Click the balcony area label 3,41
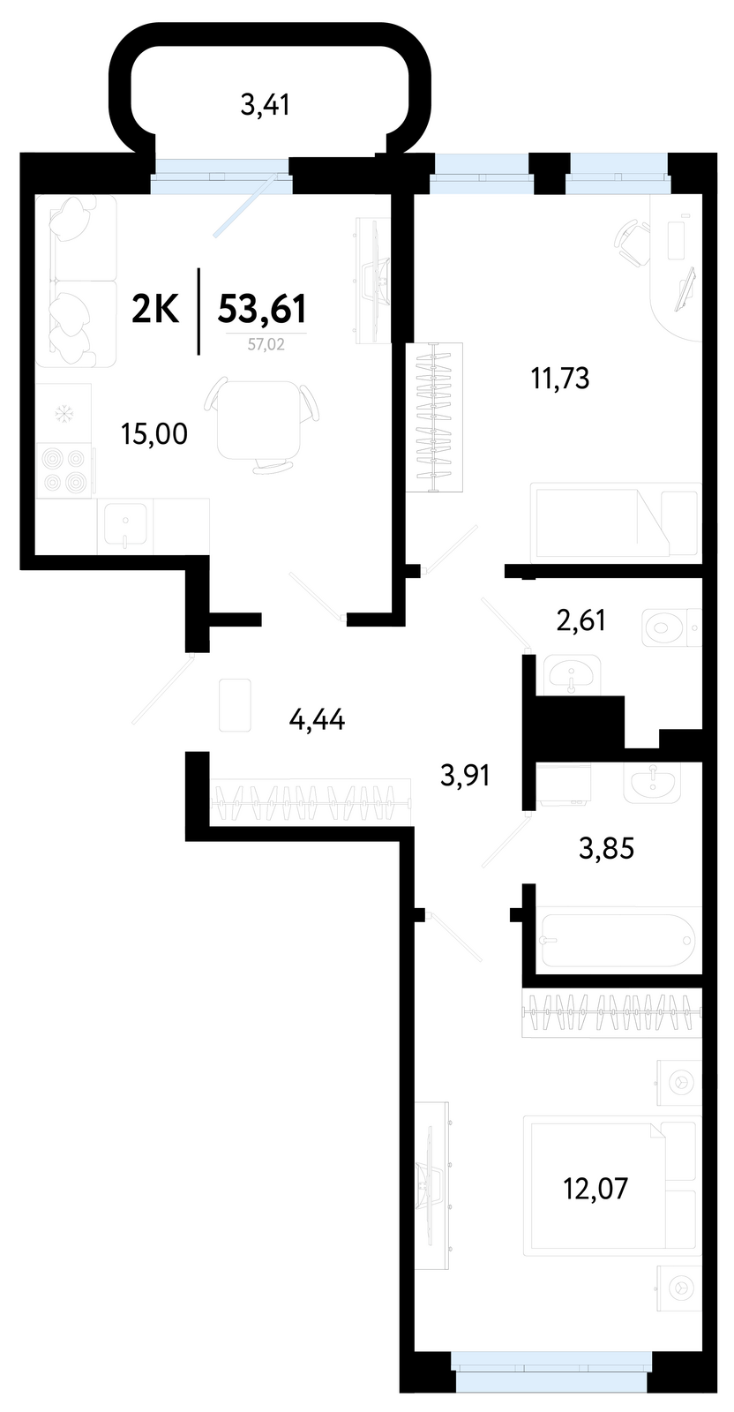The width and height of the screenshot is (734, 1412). click(266, 105)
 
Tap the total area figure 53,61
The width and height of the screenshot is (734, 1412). click(262, 309)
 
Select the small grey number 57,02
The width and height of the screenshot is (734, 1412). click(266, 344)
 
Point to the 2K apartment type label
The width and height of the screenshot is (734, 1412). click(155, 310)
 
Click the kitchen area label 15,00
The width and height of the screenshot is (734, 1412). click(154, 434)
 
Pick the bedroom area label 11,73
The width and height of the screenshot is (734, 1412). click(560, 379)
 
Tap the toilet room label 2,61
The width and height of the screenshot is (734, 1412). click(580, 620)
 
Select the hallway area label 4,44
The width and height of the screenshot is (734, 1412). click(317, 719)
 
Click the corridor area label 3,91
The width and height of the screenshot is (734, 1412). click(465, 776)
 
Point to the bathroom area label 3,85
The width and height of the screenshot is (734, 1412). click(607, 848)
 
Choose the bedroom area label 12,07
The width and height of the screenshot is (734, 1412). click(595, 1188)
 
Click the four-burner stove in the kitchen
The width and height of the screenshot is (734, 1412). click(64, 470)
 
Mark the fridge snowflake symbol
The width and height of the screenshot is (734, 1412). click(63, 414)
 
